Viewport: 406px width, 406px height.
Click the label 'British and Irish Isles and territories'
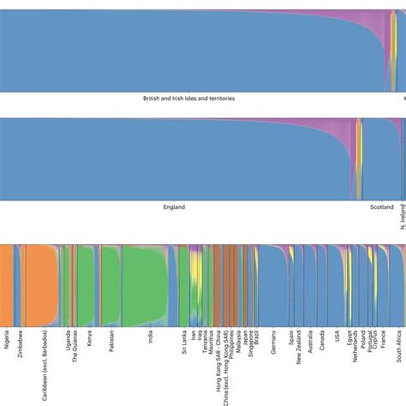(189, 99)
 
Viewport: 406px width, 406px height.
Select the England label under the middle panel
(174, 206)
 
